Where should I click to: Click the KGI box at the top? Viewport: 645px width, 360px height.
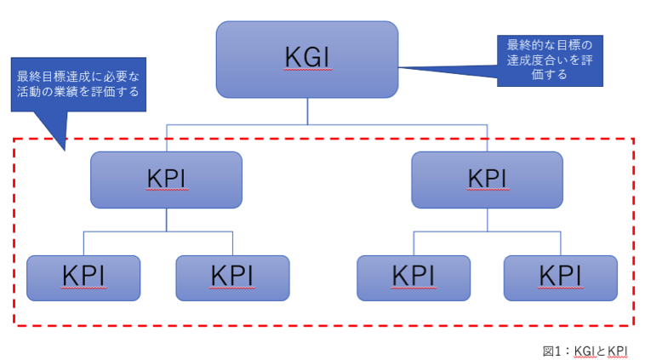pos(306,59)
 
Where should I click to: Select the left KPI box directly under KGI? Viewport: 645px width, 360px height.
pos(166,180)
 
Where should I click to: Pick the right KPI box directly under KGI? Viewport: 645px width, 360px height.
pos(487,180)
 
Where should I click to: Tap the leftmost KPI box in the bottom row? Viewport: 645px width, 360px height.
pos(83,277)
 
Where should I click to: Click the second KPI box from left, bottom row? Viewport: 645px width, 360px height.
pos(232,277)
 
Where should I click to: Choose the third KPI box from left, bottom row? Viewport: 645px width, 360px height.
pos(413,277)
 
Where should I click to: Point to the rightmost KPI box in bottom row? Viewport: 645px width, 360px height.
pos(561,277)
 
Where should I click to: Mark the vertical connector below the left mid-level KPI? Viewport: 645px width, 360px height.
pos(166,219)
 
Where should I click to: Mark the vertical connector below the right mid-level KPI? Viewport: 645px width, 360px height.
pos(487,219)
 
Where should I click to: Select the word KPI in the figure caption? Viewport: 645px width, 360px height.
pos(618,350)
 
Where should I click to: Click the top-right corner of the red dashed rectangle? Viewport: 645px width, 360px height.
pos(634,139)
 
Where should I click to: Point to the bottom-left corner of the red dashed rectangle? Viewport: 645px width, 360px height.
pos(14,324)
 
